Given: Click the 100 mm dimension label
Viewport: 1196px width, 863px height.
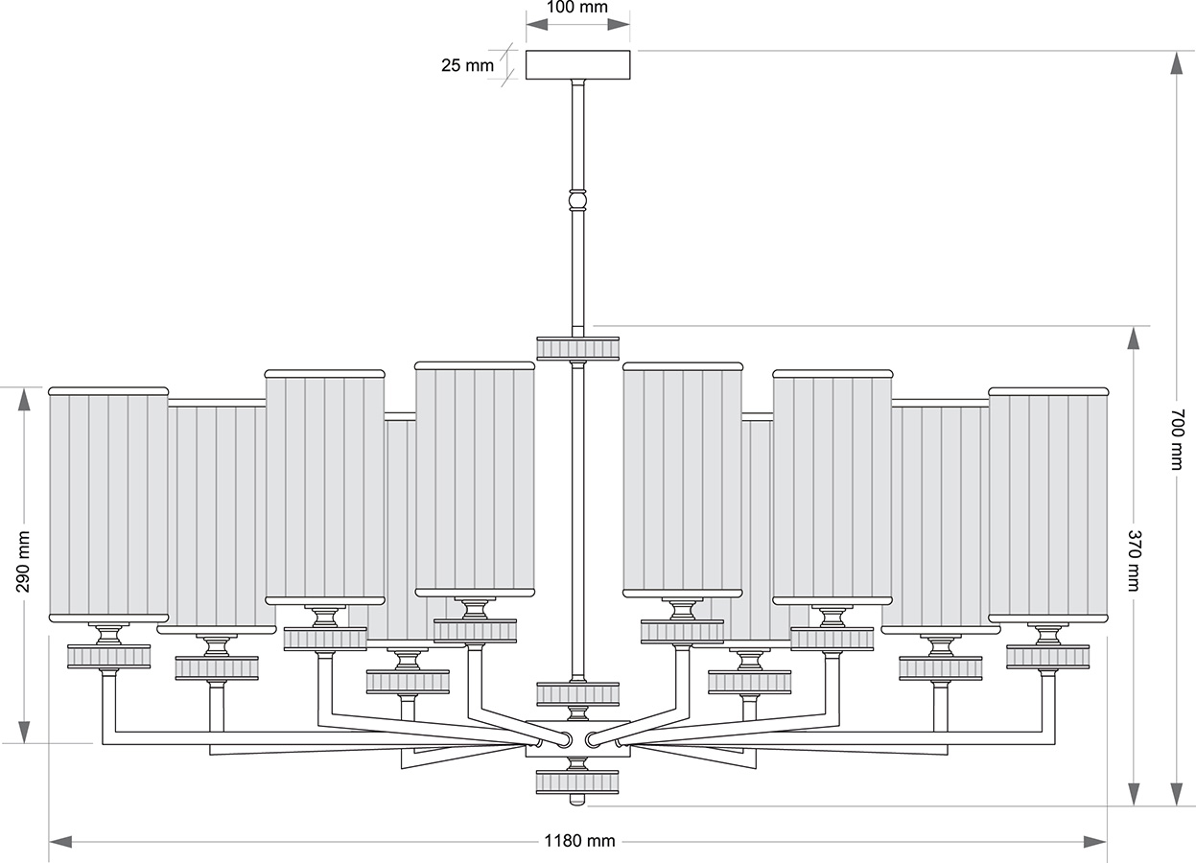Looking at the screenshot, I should (x=577, y=8).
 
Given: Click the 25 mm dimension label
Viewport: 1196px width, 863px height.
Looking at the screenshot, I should (x=467, y=66).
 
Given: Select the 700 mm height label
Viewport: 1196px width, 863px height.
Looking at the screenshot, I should (x=1177, y=439).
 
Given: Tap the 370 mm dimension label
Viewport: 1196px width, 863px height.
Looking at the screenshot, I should (x=1133, y=560).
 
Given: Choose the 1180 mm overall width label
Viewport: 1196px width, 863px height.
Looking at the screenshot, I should (x=579, y=841).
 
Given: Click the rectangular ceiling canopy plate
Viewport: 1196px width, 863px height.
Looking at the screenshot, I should (x=577, y=64).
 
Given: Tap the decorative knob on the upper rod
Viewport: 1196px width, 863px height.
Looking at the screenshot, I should (x=577, y=200).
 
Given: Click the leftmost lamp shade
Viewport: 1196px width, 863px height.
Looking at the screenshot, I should (x=108, y=504).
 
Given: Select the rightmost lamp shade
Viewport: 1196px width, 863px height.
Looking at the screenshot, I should (x=1048, y=504).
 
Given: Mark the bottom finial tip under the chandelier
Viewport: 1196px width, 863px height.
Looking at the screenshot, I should (x=577, y=801).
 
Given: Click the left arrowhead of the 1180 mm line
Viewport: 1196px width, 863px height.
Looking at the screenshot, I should (x=60, y=841).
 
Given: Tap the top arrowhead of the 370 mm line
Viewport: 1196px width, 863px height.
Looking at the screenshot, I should (x=1134, y=338).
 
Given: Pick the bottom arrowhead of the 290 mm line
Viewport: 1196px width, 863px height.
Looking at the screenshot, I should (x=23, y=731).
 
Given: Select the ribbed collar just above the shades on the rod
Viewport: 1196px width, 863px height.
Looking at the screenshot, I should (x=577, y=347).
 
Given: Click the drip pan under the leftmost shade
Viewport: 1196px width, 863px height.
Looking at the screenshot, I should (x=108, y=656).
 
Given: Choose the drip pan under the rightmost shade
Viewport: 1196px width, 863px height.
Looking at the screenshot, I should (x=1047, y=656).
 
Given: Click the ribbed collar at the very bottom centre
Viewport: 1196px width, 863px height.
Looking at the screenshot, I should (x=577, y=781).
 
